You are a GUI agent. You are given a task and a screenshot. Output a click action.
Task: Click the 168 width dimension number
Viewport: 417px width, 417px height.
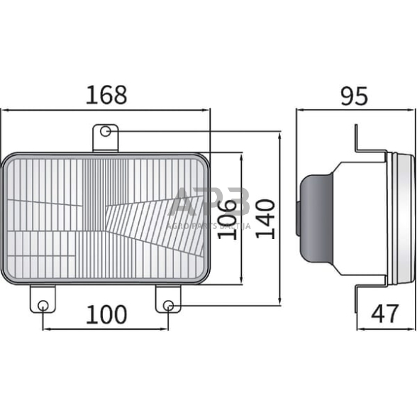[x=106, y=95]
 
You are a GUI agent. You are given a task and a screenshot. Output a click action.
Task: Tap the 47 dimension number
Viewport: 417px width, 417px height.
[x=384, y=313]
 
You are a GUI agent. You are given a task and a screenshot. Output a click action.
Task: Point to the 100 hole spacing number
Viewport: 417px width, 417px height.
[x=106, y=313]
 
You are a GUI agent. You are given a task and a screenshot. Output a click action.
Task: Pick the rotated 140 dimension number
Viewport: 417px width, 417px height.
[x=264, y=219]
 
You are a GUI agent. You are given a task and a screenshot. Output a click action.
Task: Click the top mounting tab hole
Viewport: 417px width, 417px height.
[x=106, y=131]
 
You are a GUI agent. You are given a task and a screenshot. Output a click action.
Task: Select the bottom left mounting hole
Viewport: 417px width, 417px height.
[x=43, y=305]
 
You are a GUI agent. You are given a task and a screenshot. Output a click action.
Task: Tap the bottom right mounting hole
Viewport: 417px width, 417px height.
[x=168, y=305]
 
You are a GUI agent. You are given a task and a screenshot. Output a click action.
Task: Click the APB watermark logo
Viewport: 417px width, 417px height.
[x=209, y=202]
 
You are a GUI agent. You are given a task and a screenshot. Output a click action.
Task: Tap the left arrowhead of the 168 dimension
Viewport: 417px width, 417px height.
[x=4, y=110]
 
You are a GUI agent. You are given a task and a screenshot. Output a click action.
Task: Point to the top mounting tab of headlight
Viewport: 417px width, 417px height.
[x=105, y=138]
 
